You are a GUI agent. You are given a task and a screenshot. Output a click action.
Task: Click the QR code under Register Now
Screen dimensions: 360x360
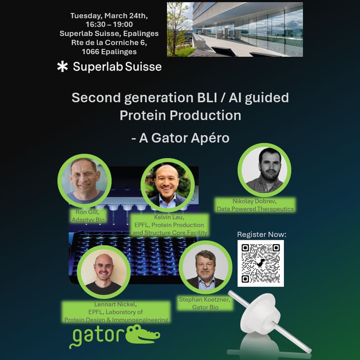pos(261,263)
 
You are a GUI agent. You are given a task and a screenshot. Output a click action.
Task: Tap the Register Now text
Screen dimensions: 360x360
pos(261,234)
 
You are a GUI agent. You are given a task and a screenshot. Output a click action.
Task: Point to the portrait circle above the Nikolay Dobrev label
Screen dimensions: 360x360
pos(264,170)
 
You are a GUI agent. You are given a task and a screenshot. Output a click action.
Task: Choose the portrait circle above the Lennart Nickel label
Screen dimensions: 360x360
pos(104,272)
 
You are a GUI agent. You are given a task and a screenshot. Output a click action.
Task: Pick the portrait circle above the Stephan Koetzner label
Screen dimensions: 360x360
pos(205,268)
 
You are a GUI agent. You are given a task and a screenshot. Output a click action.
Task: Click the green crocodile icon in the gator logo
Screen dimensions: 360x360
pos(143,335)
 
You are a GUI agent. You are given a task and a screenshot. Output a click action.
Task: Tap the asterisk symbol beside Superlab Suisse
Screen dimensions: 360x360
pos(62,67)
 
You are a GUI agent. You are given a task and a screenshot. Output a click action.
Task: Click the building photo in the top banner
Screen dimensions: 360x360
pos(234,29)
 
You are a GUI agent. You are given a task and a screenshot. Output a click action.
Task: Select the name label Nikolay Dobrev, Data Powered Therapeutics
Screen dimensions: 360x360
pos(255,205)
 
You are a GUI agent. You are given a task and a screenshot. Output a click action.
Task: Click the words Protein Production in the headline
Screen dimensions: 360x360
pos(180,115)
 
